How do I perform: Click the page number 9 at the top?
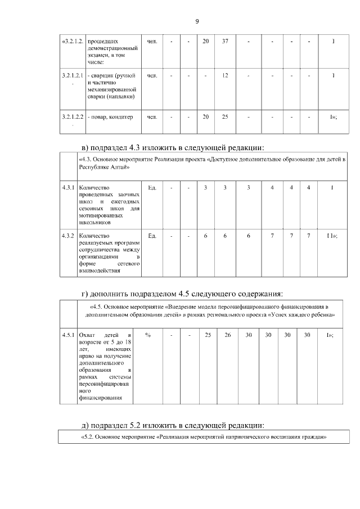click(x=196, y=21)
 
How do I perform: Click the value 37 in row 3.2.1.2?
click(x=225, y=42)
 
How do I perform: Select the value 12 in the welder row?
click(x=225, y=75)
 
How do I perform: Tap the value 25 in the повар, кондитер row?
click(x=225, y=117)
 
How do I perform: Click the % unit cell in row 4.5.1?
click(x=147, y=335)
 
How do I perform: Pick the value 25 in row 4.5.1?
click(x=208, y=335)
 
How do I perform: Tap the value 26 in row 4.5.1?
click(x=228, y=335)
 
